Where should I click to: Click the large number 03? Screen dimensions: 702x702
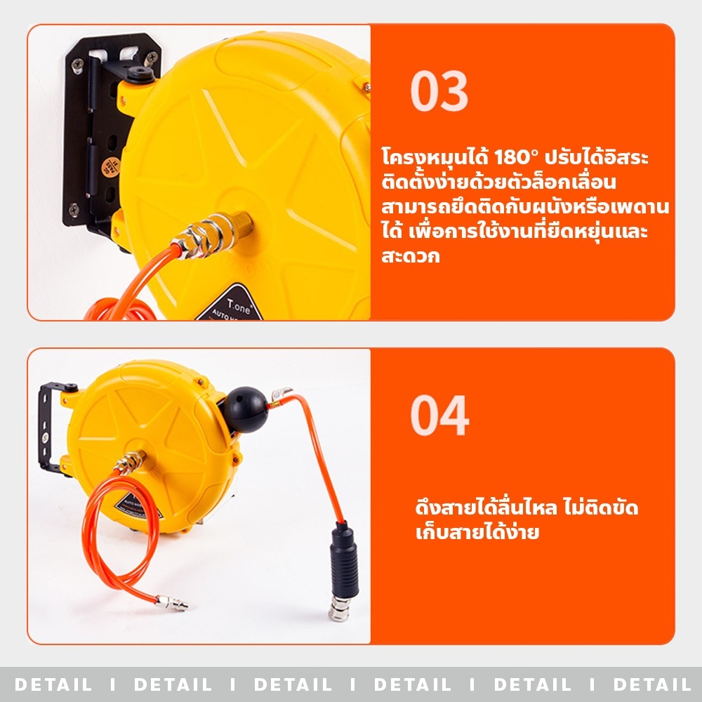[439, 91]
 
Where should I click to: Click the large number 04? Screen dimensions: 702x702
[439, 416]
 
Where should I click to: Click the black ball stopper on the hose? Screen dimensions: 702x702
[245, 410]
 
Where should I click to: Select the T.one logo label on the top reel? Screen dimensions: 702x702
[230, 305]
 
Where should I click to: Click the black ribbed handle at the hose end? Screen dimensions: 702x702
[344, 559]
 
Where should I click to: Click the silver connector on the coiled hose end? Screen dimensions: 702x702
[172, 602]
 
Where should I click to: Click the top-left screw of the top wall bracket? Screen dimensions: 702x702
[77, 65]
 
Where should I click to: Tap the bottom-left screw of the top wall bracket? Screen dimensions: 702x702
[74, 209]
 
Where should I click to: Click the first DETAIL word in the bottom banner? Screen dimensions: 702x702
[53, 684]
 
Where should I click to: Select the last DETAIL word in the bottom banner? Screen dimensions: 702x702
[652, 684]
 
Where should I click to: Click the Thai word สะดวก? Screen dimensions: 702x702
[411, 256]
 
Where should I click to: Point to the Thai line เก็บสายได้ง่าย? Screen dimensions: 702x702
[477, 532]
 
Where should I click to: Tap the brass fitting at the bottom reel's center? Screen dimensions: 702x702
[131, 462]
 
